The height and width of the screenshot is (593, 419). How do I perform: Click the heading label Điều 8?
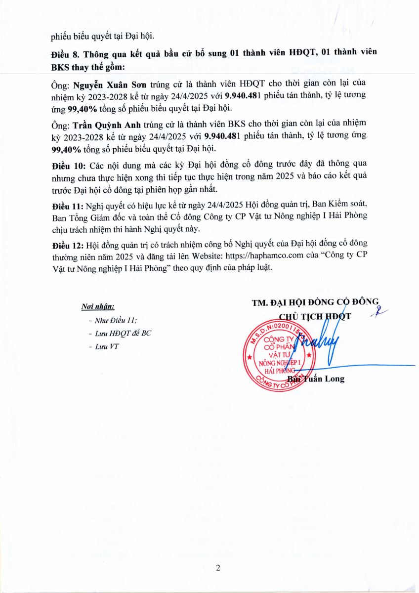65,53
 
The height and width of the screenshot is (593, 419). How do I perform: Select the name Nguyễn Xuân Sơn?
104,84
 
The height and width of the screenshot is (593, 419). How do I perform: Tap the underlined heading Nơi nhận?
97,307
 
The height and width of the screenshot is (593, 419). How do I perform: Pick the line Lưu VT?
107,346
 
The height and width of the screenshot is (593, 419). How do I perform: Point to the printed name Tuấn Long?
326,379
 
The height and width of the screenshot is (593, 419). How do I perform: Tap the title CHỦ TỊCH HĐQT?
315,316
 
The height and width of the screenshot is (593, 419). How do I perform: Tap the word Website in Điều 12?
207,256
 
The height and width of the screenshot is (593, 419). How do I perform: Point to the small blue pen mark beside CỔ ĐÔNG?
381,310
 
